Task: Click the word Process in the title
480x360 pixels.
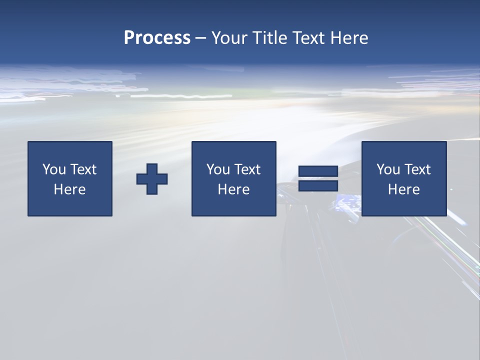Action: [x=157, y=38]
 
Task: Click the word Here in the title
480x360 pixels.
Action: [x=349, y=38]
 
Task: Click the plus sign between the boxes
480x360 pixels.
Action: [x=152, y=179]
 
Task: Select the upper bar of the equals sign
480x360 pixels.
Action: [x=318, y=171]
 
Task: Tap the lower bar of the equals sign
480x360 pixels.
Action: [x=318, y=186]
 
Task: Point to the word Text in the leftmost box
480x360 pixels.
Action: [x=83, y=169]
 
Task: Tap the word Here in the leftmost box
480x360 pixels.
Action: [x=70, y=189]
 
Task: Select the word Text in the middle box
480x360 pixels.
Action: [x=247, y=169]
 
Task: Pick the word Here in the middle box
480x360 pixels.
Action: [x=234, y=189]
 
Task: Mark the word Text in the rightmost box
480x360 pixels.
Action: [x=417, y=169]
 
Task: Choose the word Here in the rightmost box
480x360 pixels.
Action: [x=404, y=189]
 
